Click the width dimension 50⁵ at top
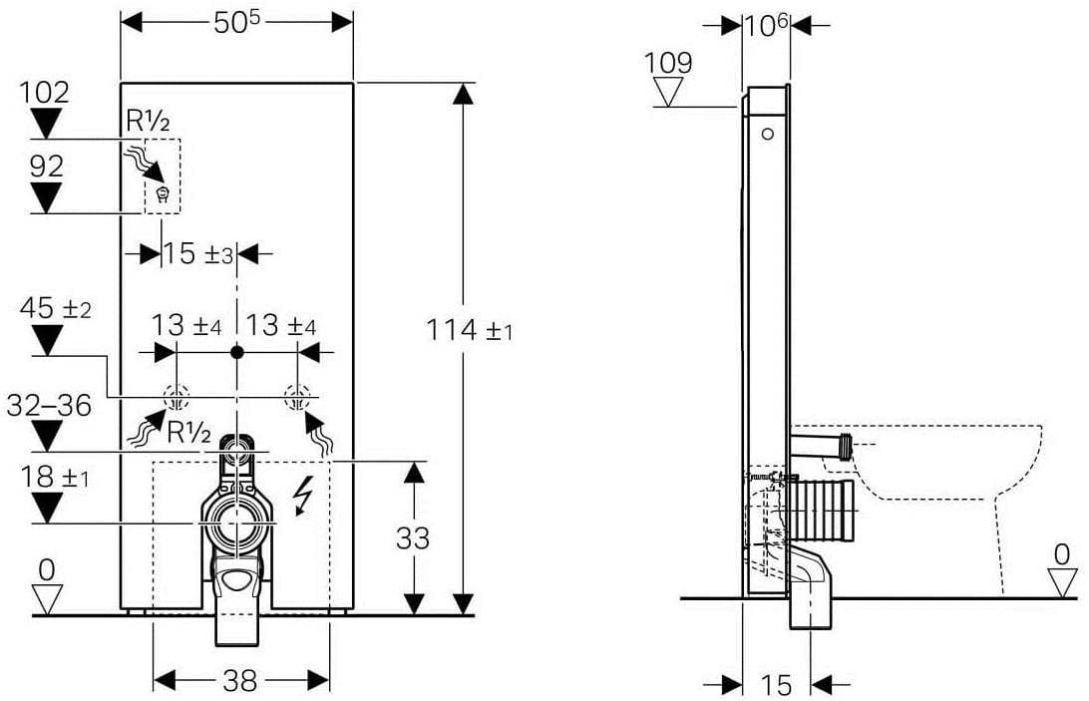236,22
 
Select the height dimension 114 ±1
470,330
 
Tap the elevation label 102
45,93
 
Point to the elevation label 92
47,167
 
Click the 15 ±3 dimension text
197,253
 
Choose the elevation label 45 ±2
56,308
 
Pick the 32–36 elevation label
49,406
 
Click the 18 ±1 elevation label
54,478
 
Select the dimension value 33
413,538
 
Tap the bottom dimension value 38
240,681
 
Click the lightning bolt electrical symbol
302,496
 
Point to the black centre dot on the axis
237,352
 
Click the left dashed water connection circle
177,398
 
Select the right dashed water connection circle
298,398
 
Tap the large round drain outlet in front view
237,522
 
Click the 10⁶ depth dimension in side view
766,26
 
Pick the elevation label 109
668,63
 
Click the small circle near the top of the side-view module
768,134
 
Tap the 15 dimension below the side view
776,686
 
